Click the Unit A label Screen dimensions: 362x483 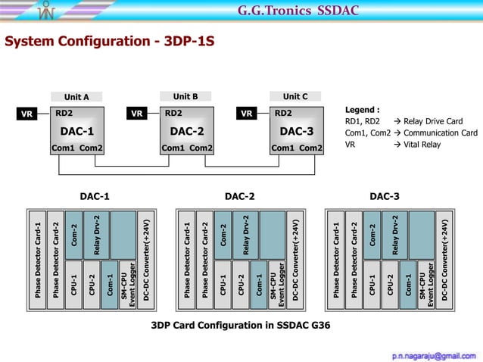tap(76, 97)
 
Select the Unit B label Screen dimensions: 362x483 tap(185, 97)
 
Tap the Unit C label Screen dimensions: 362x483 tap(295, 97)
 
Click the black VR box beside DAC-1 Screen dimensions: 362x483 tap(27, 114)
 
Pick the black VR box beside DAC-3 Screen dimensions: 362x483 tap(247, 114)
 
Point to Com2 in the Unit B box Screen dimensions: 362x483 tap(201, 148)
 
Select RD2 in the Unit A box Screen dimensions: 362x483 tap(64, 114)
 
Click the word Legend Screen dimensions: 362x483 tap(362, 110)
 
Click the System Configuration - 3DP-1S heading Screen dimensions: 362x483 tap(109, 41)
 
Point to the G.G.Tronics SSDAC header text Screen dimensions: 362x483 tap(298, 11)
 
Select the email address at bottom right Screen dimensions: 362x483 tap(434, 354)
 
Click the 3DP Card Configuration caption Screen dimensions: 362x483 tap(241, 326)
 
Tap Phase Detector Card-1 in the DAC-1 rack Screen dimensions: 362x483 tap(38, 260)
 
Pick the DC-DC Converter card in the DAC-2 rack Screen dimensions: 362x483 tap(297, 260)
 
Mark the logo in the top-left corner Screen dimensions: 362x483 tap(48, 11)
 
